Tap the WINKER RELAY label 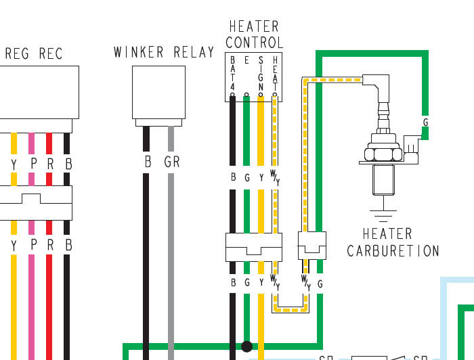164,52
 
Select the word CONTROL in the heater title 254,43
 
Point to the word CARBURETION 393,251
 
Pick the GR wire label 171,163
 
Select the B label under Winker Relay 147,163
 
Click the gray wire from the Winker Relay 171,257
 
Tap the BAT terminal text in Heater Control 232,76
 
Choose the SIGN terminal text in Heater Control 261,76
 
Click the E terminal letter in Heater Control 246,61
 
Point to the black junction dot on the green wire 246,346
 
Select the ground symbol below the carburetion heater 384,217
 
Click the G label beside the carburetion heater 425,122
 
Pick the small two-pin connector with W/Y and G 312,245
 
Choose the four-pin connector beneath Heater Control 254,247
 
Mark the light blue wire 444,318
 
